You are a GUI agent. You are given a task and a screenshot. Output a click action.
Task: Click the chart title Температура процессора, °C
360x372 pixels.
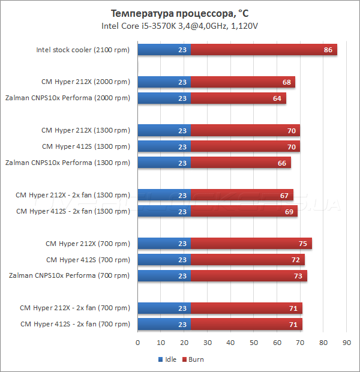[x=180, y=13]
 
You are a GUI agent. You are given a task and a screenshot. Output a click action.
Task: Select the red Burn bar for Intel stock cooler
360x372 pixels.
[x=264, y=50]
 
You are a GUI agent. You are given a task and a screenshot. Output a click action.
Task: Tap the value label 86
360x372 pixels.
[x=328, y=50]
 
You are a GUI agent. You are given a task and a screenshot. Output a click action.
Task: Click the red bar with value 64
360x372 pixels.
[x=238, y=98]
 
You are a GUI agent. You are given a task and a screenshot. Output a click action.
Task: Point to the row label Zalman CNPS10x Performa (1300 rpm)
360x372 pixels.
[x=67, y=163]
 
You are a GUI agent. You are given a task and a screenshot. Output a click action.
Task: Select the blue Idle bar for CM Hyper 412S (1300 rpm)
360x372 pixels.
[x=164, y=146]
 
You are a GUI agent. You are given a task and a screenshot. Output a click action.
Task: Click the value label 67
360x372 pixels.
[x=284, y=195]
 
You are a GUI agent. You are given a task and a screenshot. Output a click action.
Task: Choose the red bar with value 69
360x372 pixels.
[x=244, y=211]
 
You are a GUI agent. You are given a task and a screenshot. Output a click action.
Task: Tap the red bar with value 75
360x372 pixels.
[x=251, y=244]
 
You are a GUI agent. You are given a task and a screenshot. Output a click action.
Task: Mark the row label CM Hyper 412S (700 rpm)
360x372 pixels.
[x=88, y=260]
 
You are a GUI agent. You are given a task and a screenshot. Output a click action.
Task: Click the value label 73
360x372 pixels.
[x=298, y=276]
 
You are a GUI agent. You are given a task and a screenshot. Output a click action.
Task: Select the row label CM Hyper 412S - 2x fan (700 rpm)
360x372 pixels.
[x=74, y=325]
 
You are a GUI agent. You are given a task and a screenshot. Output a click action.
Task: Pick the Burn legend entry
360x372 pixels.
[x=193, y=360]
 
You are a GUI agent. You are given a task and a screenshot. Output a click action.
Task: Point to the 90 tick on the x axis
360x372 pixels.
[x=346, y=343]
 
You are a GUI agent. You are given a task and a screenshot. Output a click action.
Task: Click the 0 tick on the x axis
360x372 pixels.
[x=138, y=343]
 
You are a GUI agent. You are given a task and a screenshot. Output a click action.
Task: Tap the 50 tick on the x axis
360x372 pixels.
[x=254, y=343]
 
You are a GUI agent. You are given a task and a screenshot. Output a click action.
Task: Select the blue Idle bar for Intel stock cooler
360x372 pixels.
[x=164, y=50]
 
